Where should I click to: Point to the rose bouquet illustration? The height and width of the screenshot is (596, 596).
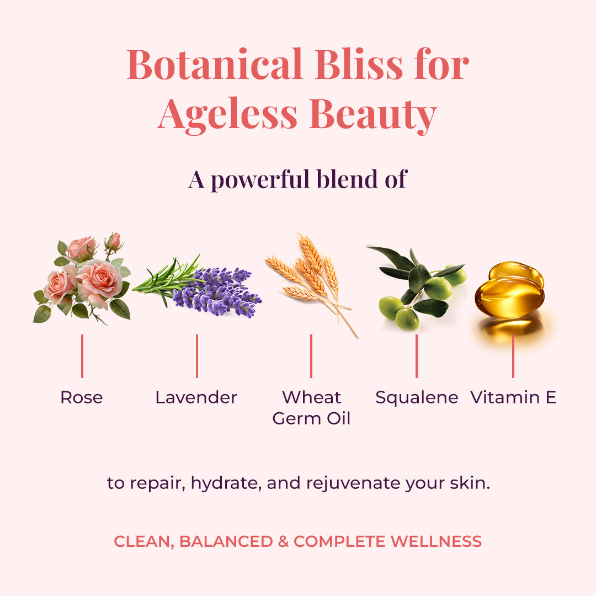click(83, 279)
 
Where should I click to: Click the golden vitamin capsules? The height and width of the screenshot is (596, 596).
click(510, 290)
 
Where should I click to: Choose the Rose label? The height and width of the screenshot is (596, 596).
click(82, 397)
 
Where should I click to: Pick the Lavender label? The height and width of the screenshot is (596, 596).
click(196, 397)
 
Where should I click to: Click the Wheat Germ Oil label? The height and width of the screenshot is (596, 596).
click(311, 407)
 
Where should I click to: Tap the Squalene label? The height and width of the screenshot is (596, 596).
click(417, 397)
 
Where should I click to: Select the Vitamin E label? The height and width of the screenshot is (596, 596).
click(513, 397)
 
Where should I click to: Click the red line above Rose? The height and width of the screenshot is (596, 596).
click(82, 356)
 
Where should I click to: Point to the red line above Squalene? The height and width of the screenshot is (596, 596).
click(416, 356)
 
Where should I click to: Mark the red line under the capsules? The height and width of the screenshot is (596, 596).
click(513, 356)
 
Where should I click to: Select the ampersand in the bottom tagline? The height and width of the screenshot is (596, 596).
click(283, 541)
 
